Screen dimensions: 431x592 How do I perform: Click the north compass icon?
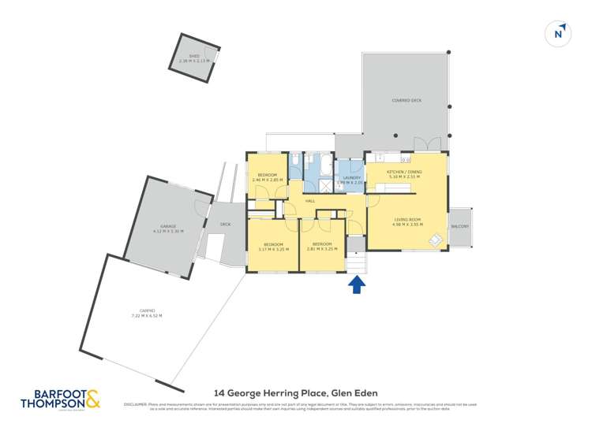pos(558,33)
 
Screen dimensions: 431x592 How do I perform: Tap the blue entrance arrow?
pos(357,284)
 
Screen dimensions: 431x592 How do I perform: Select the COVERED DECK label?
pos(407,102)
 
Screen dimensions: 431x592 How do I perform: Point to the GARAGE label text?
pos(169,226)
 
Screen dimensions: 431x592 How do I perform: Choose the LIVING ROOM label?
pos(407,219)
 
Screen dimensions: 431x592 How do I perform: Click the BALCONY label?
pos(459,227)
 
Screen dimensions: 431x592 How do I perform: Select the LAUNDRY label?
pos(351,177)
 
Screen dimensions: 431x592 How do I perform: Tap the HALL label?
pos(310,202)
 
